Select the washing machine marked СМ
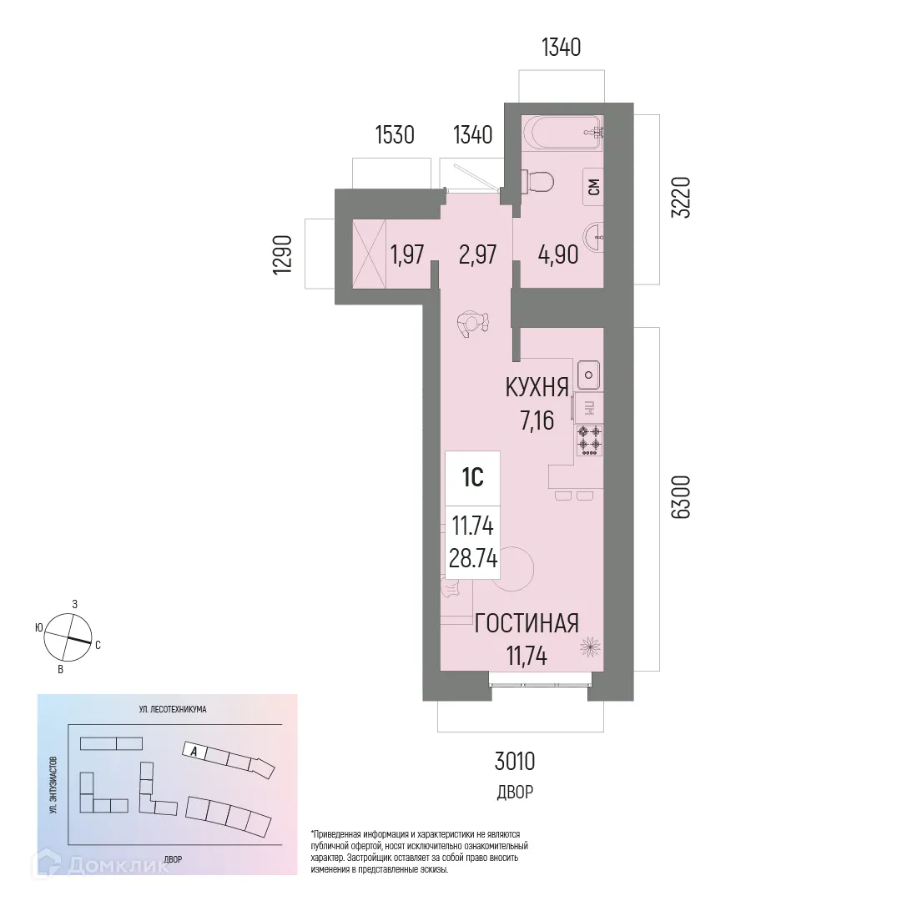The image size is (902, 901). [x=593, y=188]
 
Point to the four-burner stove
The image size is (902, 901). [x=589, y=440]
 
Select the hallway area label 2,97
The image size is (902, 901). [x=479, y=254]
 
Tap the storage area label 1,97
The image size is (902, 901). [x=407, y=254]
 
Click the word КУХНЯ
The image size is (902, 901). [x=537, y=387]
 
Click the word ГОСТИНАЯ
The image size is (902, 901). [x=526, y=623]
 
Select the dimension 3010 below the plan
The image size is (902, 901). [x=514, y=761]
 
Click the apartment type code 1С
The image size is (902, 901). [x=472, y=478]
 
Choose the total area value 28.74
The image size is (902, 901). [x=473, y=559]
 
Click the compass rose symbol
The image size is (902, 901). [x=68, y=637]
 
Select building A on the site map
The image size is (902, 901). [x=194, y=750]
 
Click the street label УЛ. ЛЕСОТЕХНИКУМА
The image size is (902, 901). [x=173, y=709]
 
